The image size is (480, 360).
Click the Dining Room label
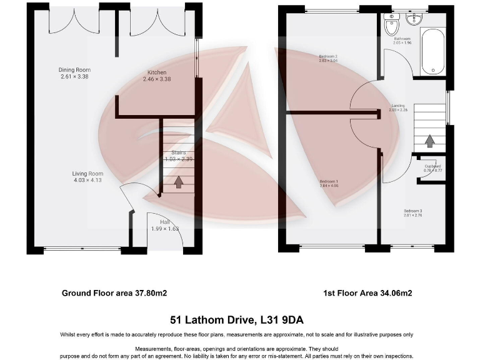pos(74,70)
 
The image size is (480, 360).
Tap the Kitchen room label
pos(157,72)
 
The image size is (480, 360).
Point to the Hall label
pos(165,222)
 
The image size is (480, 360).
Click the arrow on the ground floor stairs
pos(178,182)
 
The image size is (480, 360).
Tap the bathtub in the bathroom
pos(432,52)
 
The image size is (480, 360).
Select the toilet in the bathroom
pos(392,26)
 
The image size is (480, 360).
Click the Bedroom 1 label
pos(328,182)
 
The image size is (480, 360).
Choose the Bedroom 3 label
pos(412,211)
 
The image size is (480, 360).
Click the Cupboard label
pos(432,166)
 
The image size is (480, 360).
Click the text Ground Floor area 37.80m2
pos(114,292)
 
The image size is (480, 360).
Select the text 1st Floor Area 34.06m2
pos(367,292)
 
